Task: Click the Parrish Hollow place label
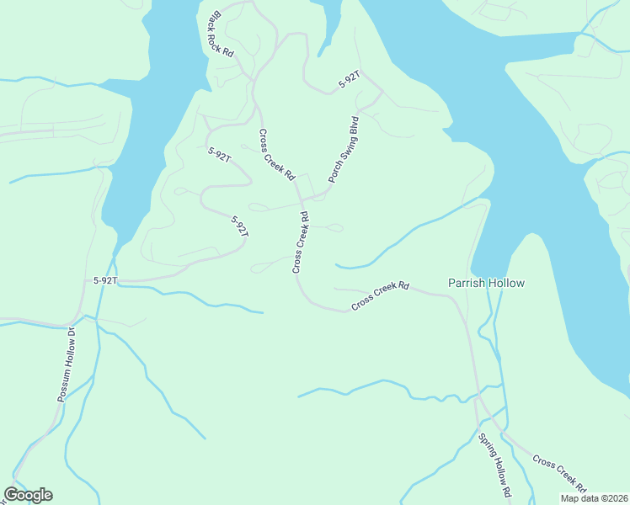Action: coord(486,283)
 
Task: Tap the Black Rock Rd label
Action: coord(218,34)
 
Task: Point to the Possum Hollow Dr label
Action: coord(67,364)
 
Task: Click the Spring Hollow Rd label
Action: coord(495,464)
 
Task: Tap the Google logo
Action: coord(28,495)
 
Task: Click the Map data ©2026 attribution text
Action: coord(594,498)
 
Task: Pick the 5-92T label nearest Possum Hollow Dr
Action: coord(105,279)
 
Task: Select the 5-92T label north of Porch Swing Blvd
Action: coord(349,80)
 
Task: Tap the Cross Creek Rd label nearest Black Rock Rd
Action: coord(276,155)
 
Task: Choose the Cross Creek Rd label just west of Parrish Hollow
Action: coord(380,295)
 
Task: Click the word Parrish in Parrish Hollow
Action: coord(466,283)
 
